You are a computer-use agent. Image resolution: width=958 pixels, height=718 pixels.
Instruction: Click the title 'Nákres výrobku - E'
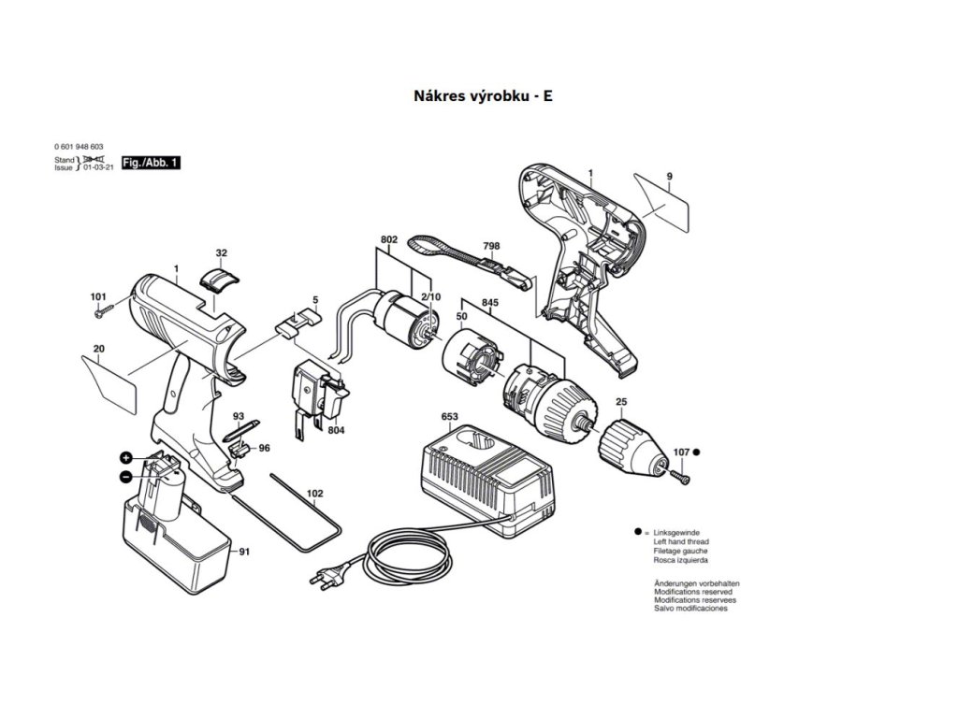483,95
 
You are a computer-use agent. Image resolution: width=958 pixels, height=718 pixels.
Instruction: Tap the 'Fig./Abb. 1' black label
151,163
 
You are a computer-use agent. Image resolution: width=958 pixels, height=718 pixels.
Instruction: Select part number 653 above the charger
449,417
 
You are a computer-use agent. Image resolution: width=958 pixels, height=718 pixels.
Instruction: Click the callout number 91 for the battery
244,552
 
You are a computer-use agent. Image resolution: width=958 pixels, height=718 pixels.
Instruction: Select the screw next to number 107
680,476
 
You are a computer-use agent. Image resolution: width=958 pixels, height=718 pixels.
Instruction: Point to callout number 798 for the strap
491,246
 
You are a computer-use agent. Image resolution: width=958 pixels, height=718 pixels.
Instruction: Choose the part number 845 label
490,302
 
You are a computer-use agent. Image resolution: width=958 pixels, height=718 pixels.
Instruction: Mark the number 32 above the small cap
221,253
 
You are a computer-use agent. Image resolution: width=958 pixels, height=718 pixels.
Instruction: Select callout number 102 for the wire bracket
315,493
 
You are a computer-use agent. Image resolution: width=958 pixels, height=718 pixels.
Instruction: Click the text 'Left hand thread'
680,542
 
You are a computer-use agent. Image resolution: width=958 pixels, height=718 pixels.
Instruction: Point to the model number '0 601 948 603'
80,148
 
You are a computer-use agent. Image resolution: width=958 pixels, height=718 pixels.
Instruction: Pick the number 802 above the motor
389,240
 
